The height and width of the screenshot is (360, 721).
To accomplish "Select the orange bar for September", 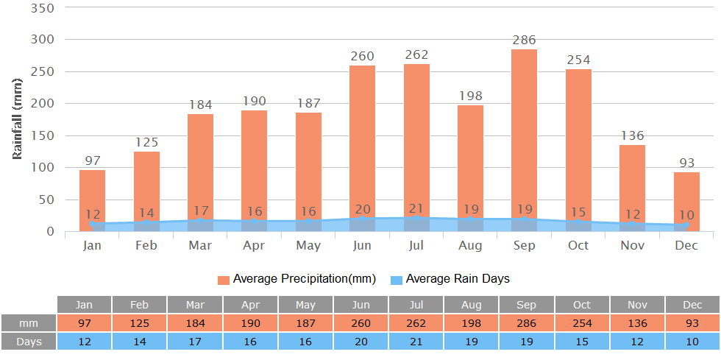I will (524, 133).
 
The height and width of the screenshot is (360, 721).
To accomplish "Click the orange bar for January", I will (93, 191).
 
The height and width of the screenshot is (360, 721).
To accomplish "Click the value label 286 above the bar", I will (525, 40).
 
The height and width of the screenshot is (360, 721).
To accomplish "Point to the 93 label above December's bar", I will (687, 162).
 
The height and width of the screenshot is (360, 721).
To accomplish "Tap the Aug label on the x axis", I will (470, 245).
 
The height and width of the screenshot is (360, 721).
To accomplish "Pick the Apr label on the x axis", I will (255, 245).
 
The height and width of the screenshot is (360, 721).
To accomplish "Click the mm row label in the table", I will (29, 323).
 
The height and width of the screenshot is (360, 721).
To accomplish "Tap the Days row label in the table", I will (29, 341).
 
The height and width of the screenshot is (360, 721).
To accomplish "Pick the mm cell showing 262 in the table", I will (416, 323).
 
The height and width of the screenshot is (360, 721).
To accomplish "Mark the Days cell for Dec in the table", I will (692, 341).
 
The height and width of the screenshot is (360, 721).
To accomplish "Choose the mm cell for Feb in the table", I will (139, 323).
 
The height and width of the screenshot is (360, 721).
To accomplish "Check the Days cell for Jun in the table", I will (361, 341).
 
